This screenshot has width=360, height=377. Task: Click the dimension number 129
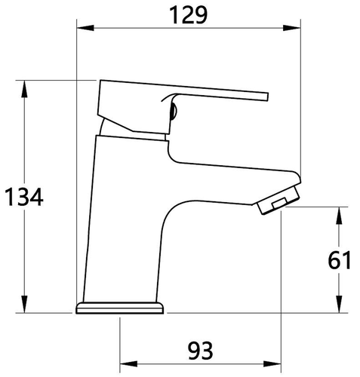tap(189, 15)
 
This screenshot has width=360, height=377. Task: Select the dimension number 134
tap(24, 198)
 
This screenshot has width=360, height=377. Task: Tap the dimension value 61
tap(340, 260)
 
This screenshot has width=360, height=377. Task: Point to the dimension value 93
tap(201, 351)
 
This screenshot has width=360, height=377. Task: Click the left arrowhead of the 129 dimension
tap(85, 28)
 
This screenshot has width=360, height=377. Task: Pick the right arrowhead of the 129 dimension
tap(292, 28)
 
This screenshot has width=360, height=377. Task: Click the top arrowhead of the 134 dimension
tap(24, 89)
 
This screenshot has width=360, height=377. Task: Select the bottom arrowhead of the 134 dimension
tap(24, 305)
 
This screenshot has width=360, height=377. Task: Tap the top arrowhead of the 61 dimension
tap(339, 216)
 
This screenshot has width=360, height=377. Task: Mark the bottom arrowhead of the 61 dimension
tap(339, 305)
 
